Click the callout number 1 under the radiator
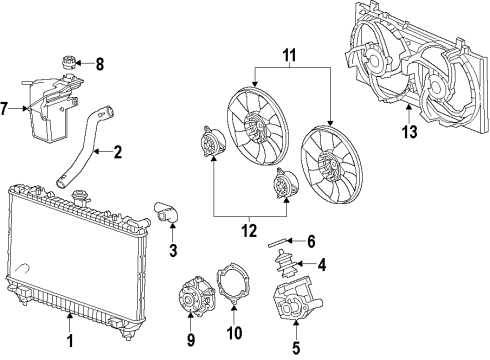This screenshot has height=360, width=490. coord(69,341)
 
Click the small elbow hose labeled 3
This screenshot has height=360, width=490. coord(164,212)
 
